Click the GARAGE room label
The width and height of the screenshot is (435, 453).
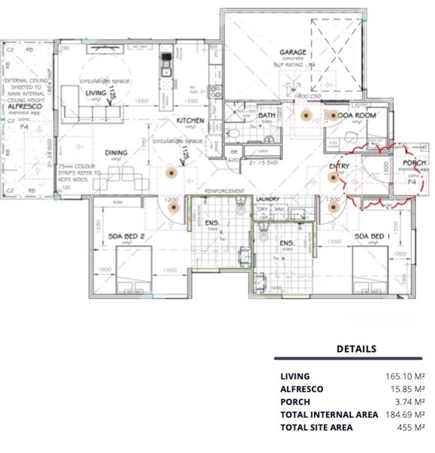click(293, 52)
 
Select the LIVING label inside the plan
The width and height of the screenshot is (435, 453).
click(96, 93)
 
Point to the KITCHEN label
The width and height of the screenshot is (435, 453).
click(190, 121)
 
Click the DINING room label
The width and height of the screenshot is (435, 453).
click(116, 153)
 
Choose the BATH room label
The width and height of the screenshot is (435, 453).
click(266, 116)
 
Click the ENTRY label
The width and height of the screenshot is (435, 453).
click(339, 166)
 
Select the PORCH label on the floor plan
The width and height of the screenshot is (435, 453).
click(414, 163)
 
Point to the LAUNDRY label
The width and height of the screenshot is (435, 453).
click(267, 199)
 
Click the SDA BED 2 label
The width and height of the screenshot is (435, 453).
click(126, 236)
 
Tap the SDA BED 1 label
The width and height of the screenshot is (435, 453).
click(373, 236)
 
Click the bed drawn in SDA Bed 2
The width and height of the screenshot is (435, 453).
click(134, 270)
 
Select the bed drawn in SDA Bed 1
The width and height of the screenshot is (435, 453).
click(370, 270)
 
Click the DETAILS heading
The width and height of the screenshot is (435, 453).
click(356, 349)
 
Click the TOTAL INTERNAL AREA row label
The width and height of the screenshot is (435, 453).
click(329, 415)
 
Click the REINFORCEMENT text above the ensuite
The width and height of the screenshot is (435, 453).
click(225, 191)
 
